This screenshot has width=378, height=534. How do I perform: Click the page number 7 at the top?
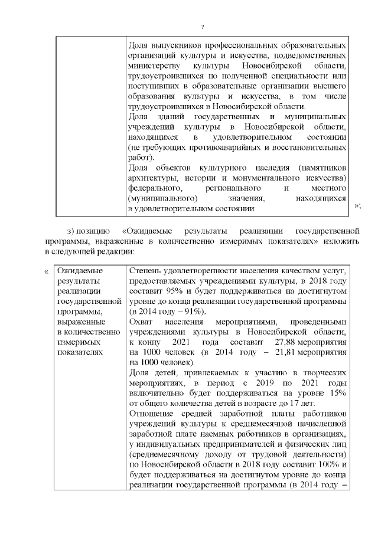coord(202,27)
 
